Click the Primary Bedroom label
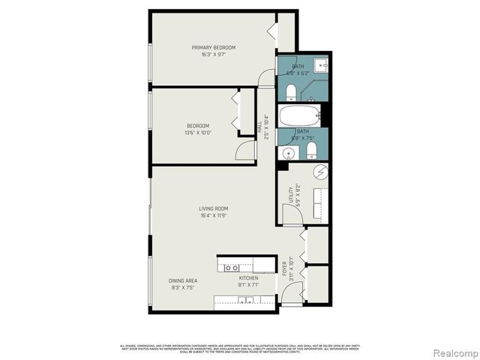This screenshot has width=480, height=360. tap(213, 48)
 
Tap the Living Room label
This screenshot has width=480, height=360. tap(213, 208)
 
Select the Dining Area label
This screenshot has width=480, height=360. tap(183, 280)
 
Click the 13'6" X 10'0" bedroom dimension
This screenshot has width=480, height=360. tap(198, 132)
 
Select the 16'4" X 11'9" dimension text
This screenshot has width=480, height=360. tap(213, 215)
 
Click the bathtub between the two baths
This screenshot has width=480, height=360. tap(298, 116)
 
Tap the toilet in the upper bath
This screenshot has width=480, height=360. tap(291, 92)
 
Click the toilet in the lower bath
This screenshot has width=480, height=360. tap(311, 153)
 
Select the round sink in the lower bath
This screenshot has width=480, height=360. tap(288, 153)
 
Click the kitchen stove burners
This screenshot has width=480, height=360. tap(231, 267)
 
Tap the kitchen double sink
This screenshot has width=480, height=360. tap(244, 301)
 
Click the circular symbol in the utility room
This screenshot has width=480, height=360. tap(319, 173)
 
